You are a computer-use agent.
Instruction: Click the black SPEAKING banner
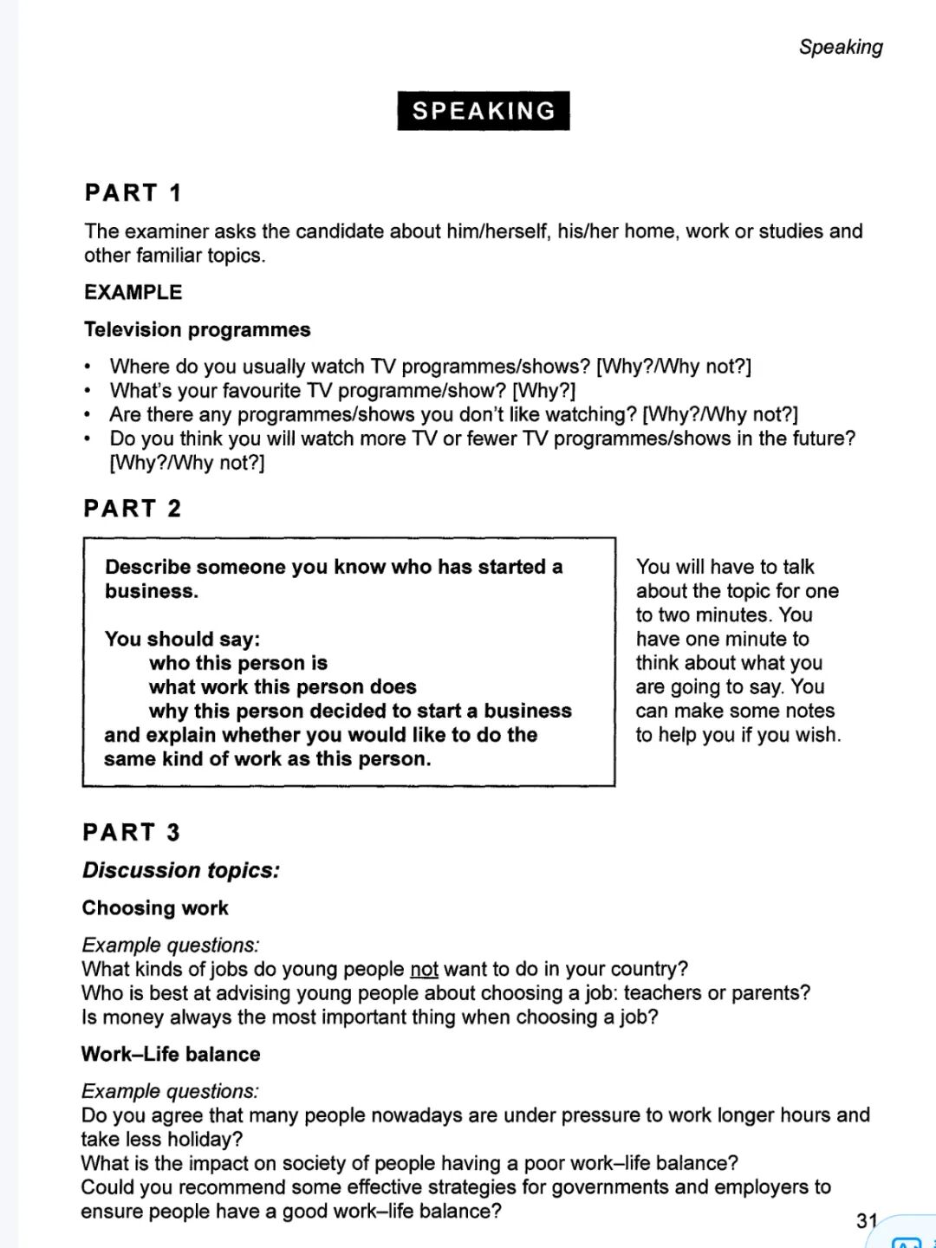click(x=484, y=111)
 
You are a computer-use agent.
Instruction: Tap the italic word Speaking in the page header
click(x=841, y=47)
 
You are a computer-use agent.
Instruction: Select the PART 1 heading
click(x=133, y=192)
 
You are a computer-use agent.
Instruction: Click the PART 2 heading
click(x=132, y=509)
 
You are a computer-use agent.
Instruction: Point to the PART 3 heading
click(x=131, y=833)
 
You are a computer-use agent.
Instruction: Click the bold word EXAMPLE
click(x=133, y=292)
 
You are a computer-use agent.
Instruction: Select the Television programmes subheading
click(x=197, y=329)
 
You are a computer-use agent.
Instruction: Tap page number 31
click(x=867, y=1220)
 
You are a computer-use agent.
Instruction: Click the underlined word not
click(x=424, y=969)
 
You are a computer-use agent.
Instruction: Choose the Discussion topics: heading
click(x=181, y=870)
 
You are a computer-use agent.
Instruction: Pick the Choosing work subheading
click(x=155, y=908)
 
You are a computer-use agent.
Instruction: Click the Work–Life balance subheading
click(x=171, y=1054)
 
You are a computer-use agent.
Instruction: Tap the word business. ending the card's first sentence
click(x=152, y=591)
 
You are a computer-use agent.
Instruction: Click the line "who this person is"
click(x=238, y=663)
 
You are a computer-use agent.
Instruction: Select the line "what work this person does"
click(x=283, y=687)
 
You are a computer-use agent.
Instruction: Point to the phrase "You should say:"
click(x=182, y=639)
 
